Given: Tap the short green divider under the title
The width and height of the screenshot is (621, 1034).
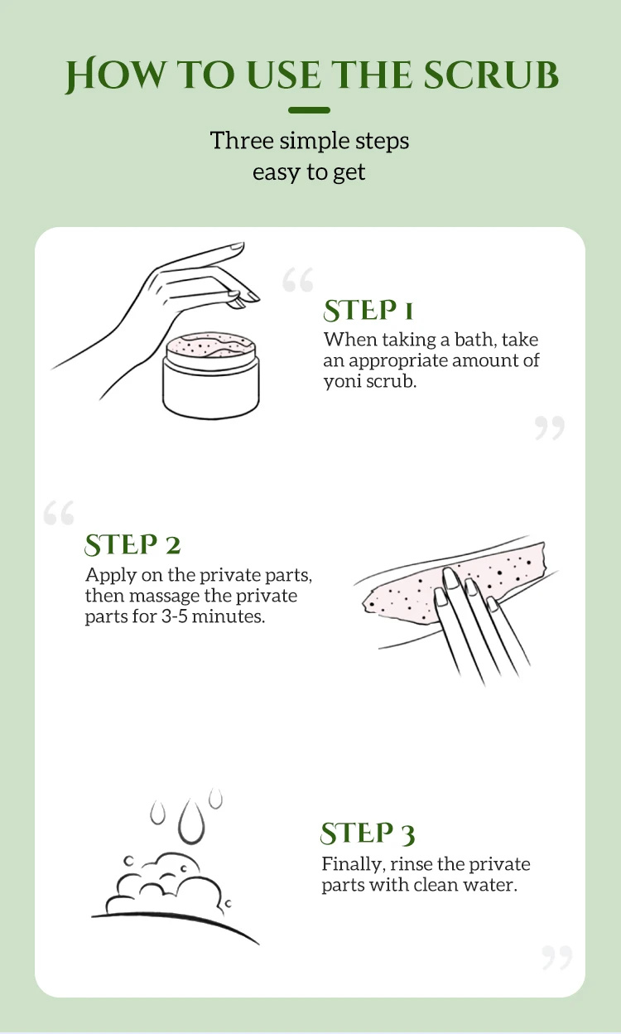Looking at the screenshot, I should [309, 110].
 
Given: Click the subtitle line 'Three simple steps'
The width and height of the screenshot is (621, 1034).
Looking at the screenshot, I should [309, 140].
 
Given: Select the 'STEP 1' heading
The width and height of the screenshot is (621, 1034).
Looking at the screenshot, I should [368, 311].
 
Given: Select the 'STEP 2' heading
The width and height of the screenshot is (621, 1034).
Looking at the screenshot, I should [132, 545].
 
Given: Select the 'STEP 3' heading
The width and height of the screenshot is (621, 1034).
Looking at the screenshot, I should [368, 833].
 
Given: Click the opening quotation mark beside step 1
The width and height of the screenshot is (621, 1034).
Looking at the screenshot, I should [297, 281].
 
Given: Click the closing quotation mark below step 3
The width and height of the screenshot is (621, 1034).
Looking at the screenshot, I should [556, 958].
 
